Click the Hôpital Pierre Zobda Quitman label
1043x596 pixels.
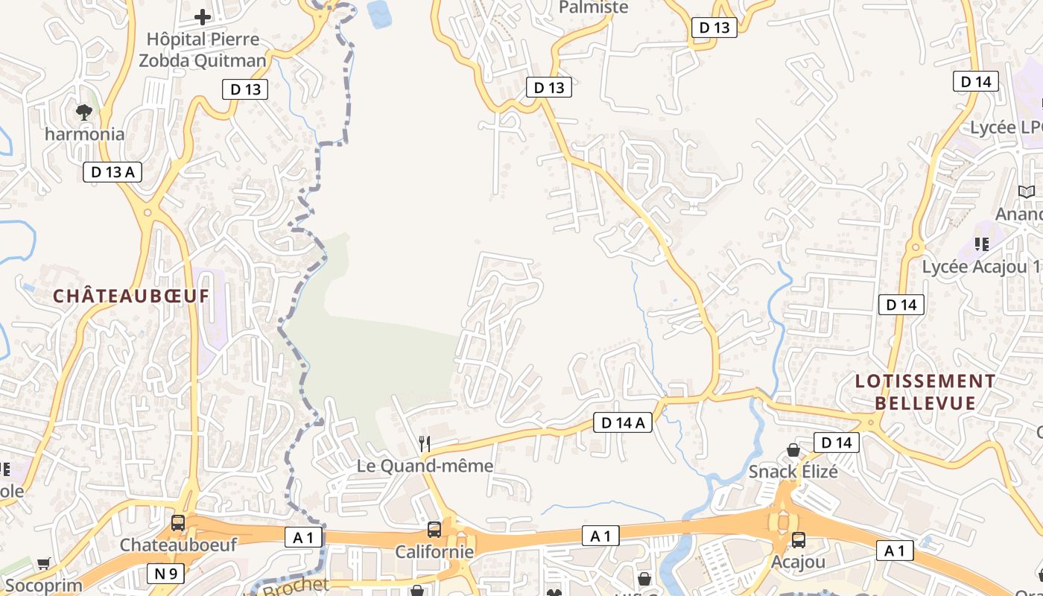point(202,49)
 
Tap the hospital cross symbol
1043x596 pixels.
point(202,16)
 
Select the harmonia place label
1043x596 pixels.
point(84,134)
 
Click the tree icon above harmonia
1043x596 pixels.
point(84,112)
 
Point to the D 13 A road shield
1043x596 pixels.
point(112,172)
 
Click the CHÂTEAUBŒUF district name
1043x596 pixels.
point(131,296)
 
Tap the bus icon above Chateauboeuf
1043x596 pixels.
point(178,523)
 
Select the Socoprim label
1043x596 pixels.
point(42,586)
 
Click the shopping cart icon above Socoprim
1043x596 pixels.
point(43,564)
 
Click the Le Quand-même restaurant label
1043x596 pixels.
point(425,466)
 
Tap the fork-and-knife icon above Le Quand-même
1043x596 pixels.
point(425,444)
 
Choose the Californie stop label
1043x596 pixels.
point(434,551)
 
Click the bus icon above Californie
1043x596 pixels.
point(434,530)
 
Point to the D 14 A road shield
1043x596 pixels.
point(623,423)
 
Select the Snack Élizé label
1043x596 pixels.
point(793,472)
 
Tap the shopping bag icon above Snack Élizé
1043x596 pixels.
point(793,450)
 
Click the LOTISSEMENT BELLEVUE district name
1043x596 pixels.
point(925,392)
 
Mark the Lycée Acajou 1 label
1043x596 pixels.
point(982,266)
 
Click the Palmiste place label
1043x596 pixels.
point(594,7)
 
